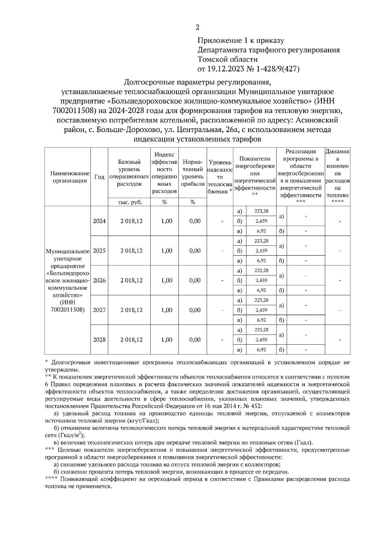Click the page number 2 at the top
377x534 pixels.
click(197, 28)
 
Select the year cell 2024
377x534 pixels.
click(99, 221)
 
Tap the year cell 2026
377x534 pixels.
click(99, 281)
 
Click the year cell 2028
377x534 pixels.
click(99, 340)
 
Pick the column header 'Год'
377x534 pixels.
click(99, 177)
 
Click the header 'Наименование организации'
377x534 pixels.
click(68, 177)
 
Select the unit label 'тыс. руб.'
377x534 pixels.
click(129, 203)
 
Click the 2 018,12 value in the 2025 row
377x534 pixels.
click(131, 251)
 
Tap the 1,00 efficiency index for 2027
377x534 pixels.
click(167, 310)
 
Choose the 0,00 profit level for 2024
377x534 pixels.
click(195, 221)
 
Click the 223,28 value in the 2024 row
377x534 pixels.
click(261, 211)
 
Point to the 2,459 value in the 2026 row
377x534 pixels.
click(261, 281)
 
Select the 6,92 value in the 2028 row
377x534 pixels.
click(261, 350)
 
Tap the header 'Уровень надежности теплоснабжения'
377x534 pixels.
click(220, 177)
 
